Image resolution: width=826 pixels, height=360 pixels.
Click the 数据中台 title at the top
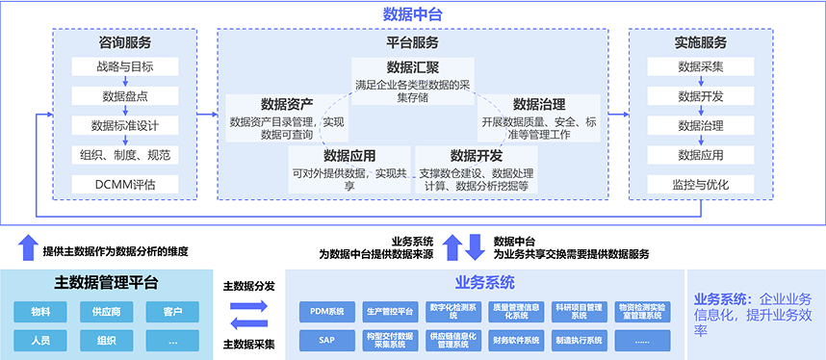coord(412,13)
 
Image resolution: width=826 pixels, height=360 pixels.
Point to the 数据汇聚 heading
coord(413,67)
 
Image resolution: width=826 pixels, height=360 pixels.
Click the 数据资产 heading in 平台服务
coord(287,104)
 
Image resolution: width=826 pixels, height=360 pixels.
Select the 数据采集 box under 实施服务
coord(701,67)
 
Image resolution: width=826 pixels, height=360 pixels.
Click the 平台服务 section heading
coord(412,42)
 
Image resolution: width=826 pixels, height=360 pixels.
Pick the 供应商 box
coord(106,312)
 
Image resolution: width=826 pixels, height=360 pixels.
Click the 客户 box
coord(172,312)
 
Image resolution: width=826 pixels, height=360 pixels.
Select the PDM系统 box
coord(327,311)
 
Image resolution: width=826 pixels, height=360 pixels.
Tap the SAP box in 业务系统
coord(327,339)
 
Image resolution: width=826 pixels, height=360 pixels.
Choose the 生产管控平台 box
coord(390,311)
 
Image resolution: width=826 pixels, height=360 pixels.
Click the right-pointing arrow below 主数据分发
coord(248,306)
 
